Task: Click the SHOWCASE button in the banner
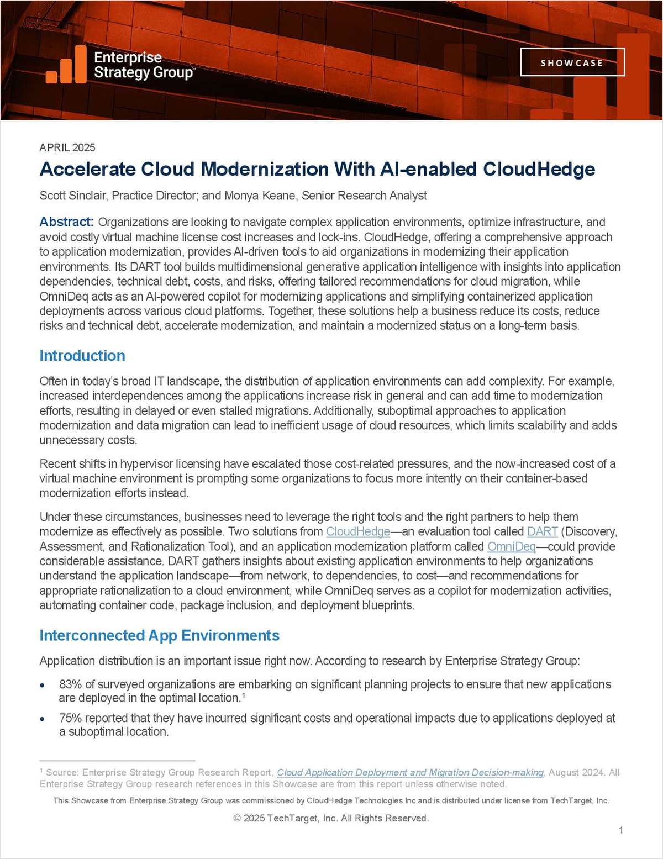[x=572, y=62]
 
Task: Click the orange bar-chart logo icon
[x=66, y=65]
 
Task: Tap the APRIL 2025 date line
[x=67, y=147]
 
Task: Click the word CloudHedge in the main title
[x=539, y=169]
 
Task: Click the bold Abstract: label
[x=66, y=222]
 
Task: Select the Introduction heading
[x=82, y=356]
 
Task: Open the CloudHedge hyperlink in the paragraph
[x=358, y=531]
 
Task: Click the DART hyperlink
[x=542, y=531]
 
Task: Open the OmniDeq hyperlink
[x=511, y=546]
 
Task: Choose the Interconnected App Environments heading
[x=159, y=635]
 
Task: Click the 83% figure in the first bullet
[x=70, y=684]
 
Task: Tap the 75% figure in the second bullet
[x=70, y=718]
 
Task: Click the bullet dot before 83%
[x=43, y=685]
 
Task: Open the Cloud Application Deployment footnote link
[x=410, y=772]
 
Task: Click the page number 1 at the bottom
[x=621, y=830]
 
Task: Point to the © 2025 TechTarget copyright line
[x=331, y=818]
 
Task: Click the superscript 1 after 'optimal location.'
[x=243, y=696]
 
